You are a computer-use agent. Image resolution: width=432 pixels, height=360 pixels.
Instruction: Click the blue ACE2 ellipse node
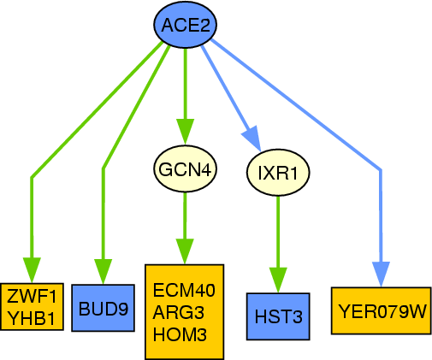pyautogui.click(x=186, y=25)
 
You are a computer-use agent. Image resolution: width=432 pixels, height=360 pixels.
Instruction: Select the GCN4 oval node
pyautogui.click(x=186, y=168)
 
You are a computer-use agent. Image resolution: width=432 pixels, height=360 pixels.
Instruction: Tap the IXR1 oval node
pyautogui.click(x=278, y=173)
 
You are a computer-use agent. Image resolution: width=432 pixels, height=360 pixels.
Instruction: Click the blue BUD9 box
pyautogui.click(x=103, y=308)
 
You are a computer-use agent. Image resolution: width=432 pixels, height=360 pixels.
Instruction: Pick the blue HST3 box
pyautogui.click(x=278, y=316)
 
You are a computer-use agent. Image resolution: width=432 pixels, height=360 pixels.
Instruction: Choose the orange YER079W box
pyautogui.click(x=382, y=310)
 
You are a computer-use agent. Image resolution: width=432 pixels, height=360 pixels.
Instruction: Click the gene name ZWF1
pyautogui.click(x=32, y=297)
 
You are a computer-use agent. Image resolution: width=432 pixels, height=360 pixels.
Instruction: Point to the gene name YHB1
pyautogui.click(x=31, y=318)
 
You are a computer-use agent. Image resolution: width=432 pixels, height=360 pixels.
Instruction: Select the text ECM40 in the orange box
pyautogui.click(x=184, y=290)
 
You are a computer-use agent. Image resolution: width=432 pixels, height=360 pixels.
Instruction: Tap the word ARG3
pyautogui.click(x=179, y=312)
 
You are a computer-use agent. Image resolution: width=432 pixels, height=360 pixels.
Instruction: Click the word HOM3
pyautogui.click(x=180, y=334)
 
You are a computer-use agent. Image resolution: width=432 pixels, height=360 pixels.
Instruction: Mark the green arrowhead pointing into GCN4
pyautogui.click(x=186, y=132)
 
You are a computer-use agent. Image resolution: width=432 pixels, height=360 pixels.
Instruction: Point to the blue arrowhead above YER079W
pyautogui.click(x=381, y=274)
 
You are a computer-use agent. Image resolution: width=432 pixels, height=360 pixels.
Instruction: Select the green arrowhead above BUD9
pyautogui.click(x=104, y=272)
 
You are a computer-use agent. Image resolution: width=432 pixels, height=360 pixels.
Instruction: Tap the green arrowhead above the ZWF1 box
pyautogui.click(x=32, y=270)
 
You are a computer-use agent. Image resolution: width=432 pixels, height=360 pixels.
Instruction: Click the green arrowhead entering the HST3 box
pyautogui.click(x=278, y=280)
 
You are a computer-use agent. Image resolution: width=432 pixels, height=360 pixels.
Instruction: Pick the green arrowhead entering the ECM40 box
pyautogui.click(x=185, y=251)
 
